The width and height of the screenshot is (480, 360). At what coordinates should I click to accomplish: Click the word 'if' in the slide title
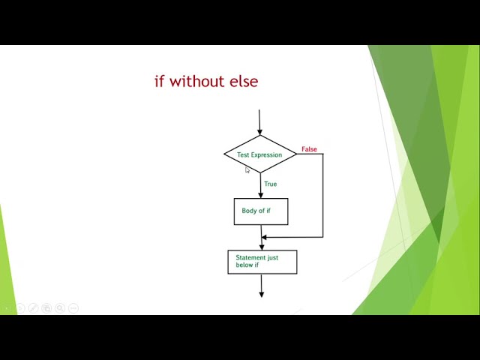[x=159, y=81]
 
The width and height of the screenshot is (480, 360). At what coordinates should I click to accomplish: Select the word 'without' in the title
[x=194, y=81]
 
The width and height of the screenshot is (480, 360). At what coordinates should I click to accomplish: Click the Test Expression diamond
[x=260, y=154]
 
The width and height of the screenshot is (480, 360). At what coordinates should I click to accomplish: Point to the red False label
[x=309, y=149]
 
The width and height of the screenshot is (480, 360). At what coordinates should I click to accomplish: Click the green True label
[x=270, y=184]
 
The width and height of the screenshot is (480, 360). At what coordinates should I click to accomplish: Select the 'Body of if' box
[x=260, y=211]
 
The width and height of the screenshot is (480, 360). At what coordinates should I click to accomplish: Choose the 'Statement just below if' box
[x=262, y=262]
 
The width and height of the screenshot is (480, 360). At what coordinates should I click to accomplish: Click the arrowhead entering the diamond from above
[x=260, y=131]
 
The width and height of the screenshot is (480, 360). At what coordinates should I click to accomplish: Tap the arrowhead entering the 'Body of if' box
[x=260, y=194]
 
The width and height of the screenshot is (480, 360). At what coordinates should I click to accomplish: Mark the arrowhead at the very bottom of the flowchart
[x=262, y=294]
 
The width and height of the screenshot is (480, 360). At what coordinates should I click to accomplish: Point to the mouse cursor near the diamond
[x=247, y=170]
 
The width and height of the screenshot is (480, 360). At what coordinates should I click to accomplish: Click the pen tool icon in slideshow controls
[x=33, y=308]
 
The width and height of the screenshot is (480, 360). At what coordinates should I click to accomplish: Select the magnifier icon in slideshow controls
[x=60, y=308]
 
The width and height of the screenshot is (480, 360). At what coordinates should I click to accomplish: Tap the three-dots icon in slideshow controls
[x=73, y=308]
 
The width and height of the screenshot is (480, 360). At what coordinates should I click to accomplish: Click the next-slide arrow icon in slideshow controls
[x=20, y=308]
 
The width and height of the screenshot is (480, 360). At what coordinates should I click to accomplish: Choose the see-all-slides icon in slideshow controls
[x=46, y=308]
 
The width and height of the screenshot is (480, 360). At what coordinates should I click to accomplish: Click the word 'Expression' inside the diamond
[x=266, y=155]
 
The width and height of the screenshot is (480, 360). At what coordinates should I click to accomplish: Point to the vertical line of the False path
[x=322, y=195]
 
